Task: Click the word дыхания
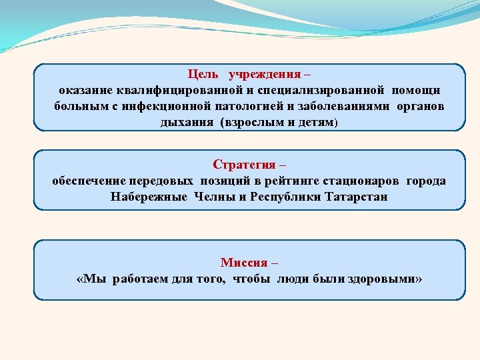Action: point(185,122)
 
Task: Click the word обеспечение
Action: point(88,181)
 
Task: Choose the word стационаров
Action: point(360,181)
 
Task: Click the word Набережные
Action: point(149,197)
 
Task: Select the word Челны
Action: point(214,197)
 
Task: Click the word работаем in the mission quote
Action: point(141,278)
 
